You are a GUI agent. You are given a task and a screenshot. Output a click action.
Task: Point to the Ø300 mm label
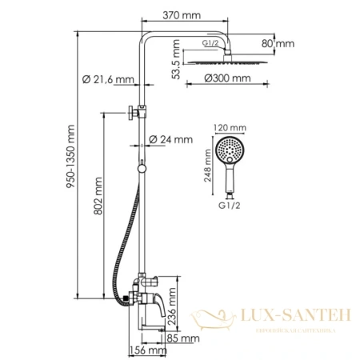222,78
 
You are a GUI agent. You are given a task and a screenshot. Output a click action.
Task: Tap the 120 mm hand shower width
227,126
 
